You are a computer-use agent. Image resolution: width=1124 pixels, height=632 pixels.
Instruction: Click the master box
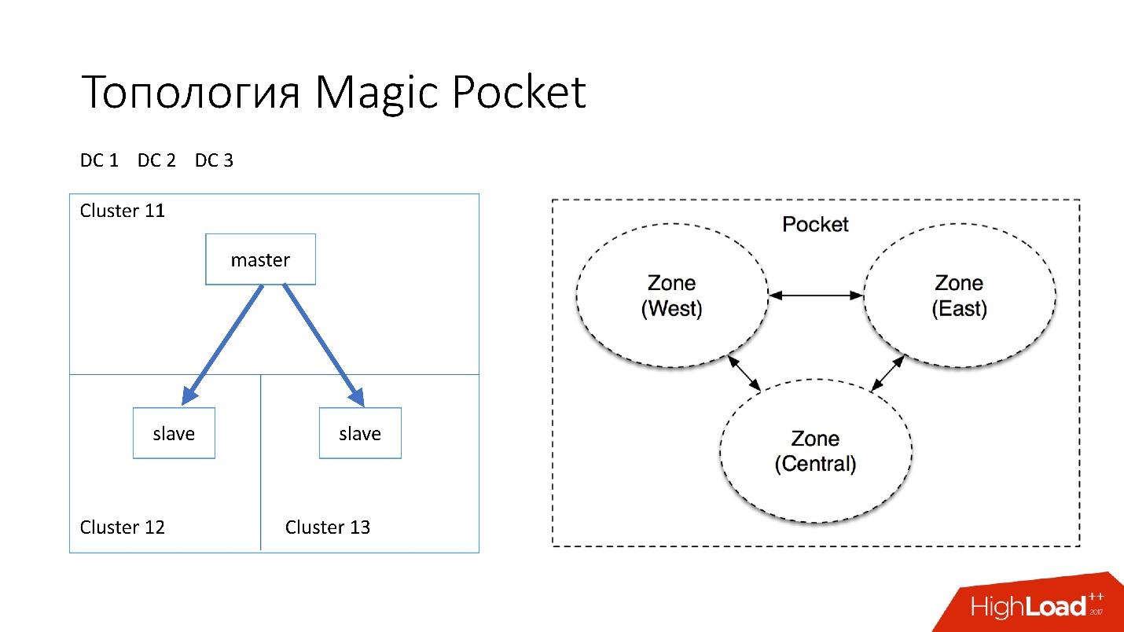coord(260,259)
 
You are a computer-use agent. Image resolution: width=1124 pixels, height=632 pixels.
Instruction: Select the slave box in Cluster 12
coord(174,433)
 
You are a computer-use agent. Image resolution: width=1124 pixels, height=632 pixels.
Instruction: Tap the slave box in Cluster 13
coord(360,433)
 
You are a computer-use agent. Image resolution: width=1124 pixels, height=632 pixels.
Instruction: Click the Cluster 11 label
coord(123,211)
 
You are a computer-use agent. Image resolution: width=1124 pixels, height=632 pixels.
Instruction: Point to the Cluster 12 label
coord(123,527)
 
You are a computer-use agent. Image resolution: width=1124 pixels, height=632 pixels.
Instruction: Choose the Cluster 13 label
coord(328,527)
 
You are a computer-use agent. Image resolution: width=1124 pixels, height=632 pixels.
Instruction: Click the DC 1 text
coord(99,160)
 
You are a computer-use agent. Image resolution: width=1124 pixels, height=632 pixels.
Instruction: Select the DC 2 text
coord(156,160)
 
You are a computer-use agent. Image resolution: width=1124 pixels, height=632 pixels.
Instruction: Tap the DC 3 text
coord(214,160)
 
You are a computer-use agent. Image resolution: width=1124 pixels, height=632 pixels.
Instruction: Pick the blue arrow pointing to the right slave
coord(323,344)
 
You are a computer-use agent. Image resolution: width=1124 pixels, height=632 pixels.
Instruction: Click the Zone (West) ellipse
coord(672,296)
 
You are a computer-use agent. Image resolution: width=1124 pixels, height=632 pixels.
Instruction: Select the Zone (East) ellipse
coord(959,296)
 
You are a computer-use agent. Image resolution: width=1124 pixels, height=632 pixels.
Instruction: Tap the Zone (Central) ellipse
coord(815,450)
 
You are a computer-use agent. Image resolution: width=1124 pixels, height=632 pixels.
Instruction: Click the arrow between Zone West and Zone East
coord(816,296)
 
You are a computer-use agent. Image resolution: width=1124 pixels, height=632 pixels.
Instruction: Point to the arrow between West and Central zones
coord(744,373)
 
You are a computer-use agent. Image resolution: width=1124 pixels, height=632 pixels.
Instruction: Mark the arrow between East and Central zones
coord(887,373)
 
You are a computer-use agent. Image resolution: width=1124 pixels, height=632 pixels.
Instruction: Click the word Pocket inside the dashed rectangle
coord(815,225)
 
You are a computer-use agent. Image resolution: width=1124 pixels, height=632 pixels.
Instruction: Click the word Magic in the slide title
coord(377,93)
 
